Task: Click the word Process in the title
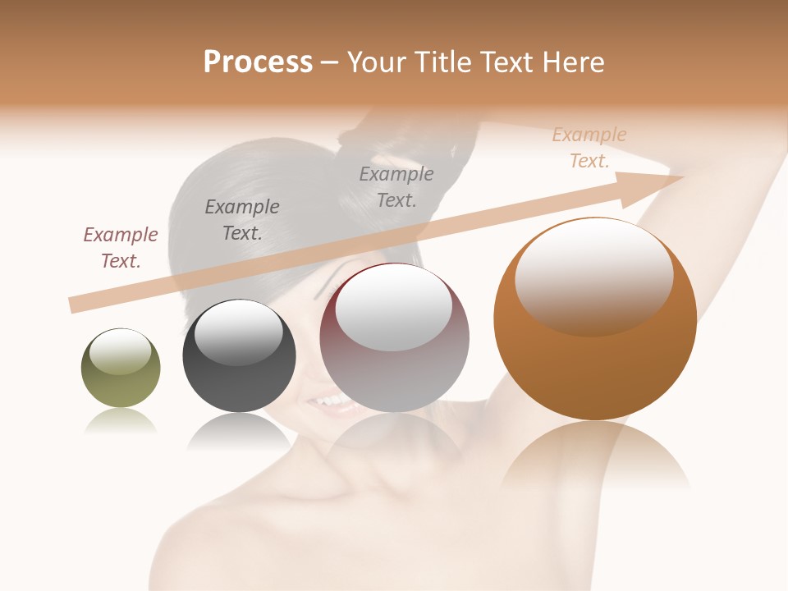258,62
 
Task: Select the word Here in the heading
574,62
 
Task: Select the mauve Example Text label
121,248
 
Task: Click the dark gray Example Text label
242,220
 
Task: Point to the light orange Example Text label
589,148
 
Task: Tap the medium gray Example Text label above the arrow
396,186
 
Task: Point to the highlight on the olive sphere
121,351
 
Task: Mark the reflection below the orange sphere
595,456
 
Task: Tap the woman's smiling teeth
332,401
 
